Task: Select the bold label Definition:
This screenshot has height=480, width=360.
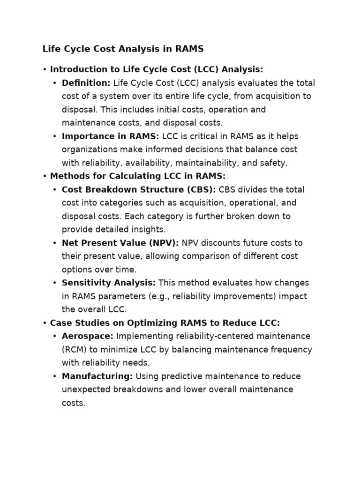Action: point(86,83)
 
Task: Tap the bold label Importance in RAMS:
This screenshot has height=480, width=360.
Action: point(111,136)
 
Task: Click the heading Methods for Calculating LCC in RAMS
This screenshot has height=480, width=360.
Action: point(137,176)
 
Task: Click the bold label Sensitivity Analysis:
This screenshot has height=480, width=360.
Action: point(109,283)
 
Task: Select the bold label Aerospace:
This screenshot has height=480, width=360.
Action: point(88,337)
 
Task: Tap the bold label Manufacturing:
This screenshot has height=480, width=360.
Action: point(97,376)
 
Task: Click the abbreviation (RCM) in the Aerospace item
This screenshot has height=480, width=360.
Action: point(74,350)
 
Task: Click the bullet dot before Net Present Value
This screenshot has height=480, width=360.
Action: point(55,243)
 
